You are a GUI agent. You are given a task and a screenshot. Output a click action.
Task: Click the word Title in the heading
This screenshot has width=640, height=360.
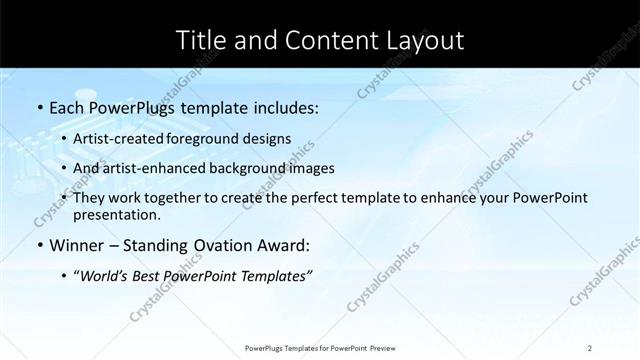click(x=200, y=40)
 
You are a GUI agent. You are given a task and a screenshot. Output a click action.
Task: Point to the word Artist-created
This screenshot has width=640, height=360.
click(x=116, y=138)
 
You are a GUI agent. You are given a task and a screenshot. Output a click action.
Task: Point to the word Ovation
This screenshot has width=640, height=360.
click(x=200, y=245)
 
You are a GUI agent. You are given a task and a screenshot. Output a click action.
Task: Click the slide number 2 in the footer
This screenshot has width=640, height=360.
click(x=590, y=348)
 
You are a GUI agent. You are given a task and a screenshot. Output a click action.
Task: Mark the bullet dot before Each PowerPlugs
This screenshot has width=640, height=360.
click(x=38, y=106)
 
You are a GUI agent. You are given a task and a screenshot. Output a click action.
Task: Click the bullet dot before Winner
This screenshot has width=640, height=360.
click(x=38, y=246)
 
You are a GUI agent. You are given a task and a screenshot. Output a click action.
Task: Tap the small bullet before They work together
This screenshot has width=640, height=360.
click(x=64, y=198)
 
